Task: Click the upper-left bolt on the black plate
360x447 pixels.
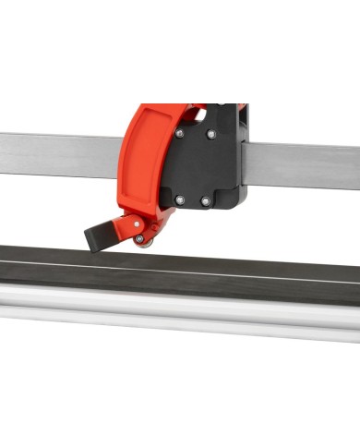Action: [179, 133]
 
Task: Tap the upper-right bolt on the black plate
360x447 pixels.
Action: [211, 135]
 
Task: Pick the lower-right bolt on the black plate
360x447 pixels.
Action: [205, 200]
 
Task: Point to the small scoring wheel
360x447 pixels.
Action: [139, 239]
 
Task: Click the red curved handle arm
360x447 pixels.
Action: [138, 157]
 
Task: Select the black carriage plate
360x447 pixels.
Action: [198, 166]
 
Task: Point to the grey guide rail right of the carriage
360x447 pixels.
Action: [305, 167]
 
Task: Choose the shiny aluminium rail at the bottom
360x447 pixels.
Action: [185, 314]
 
